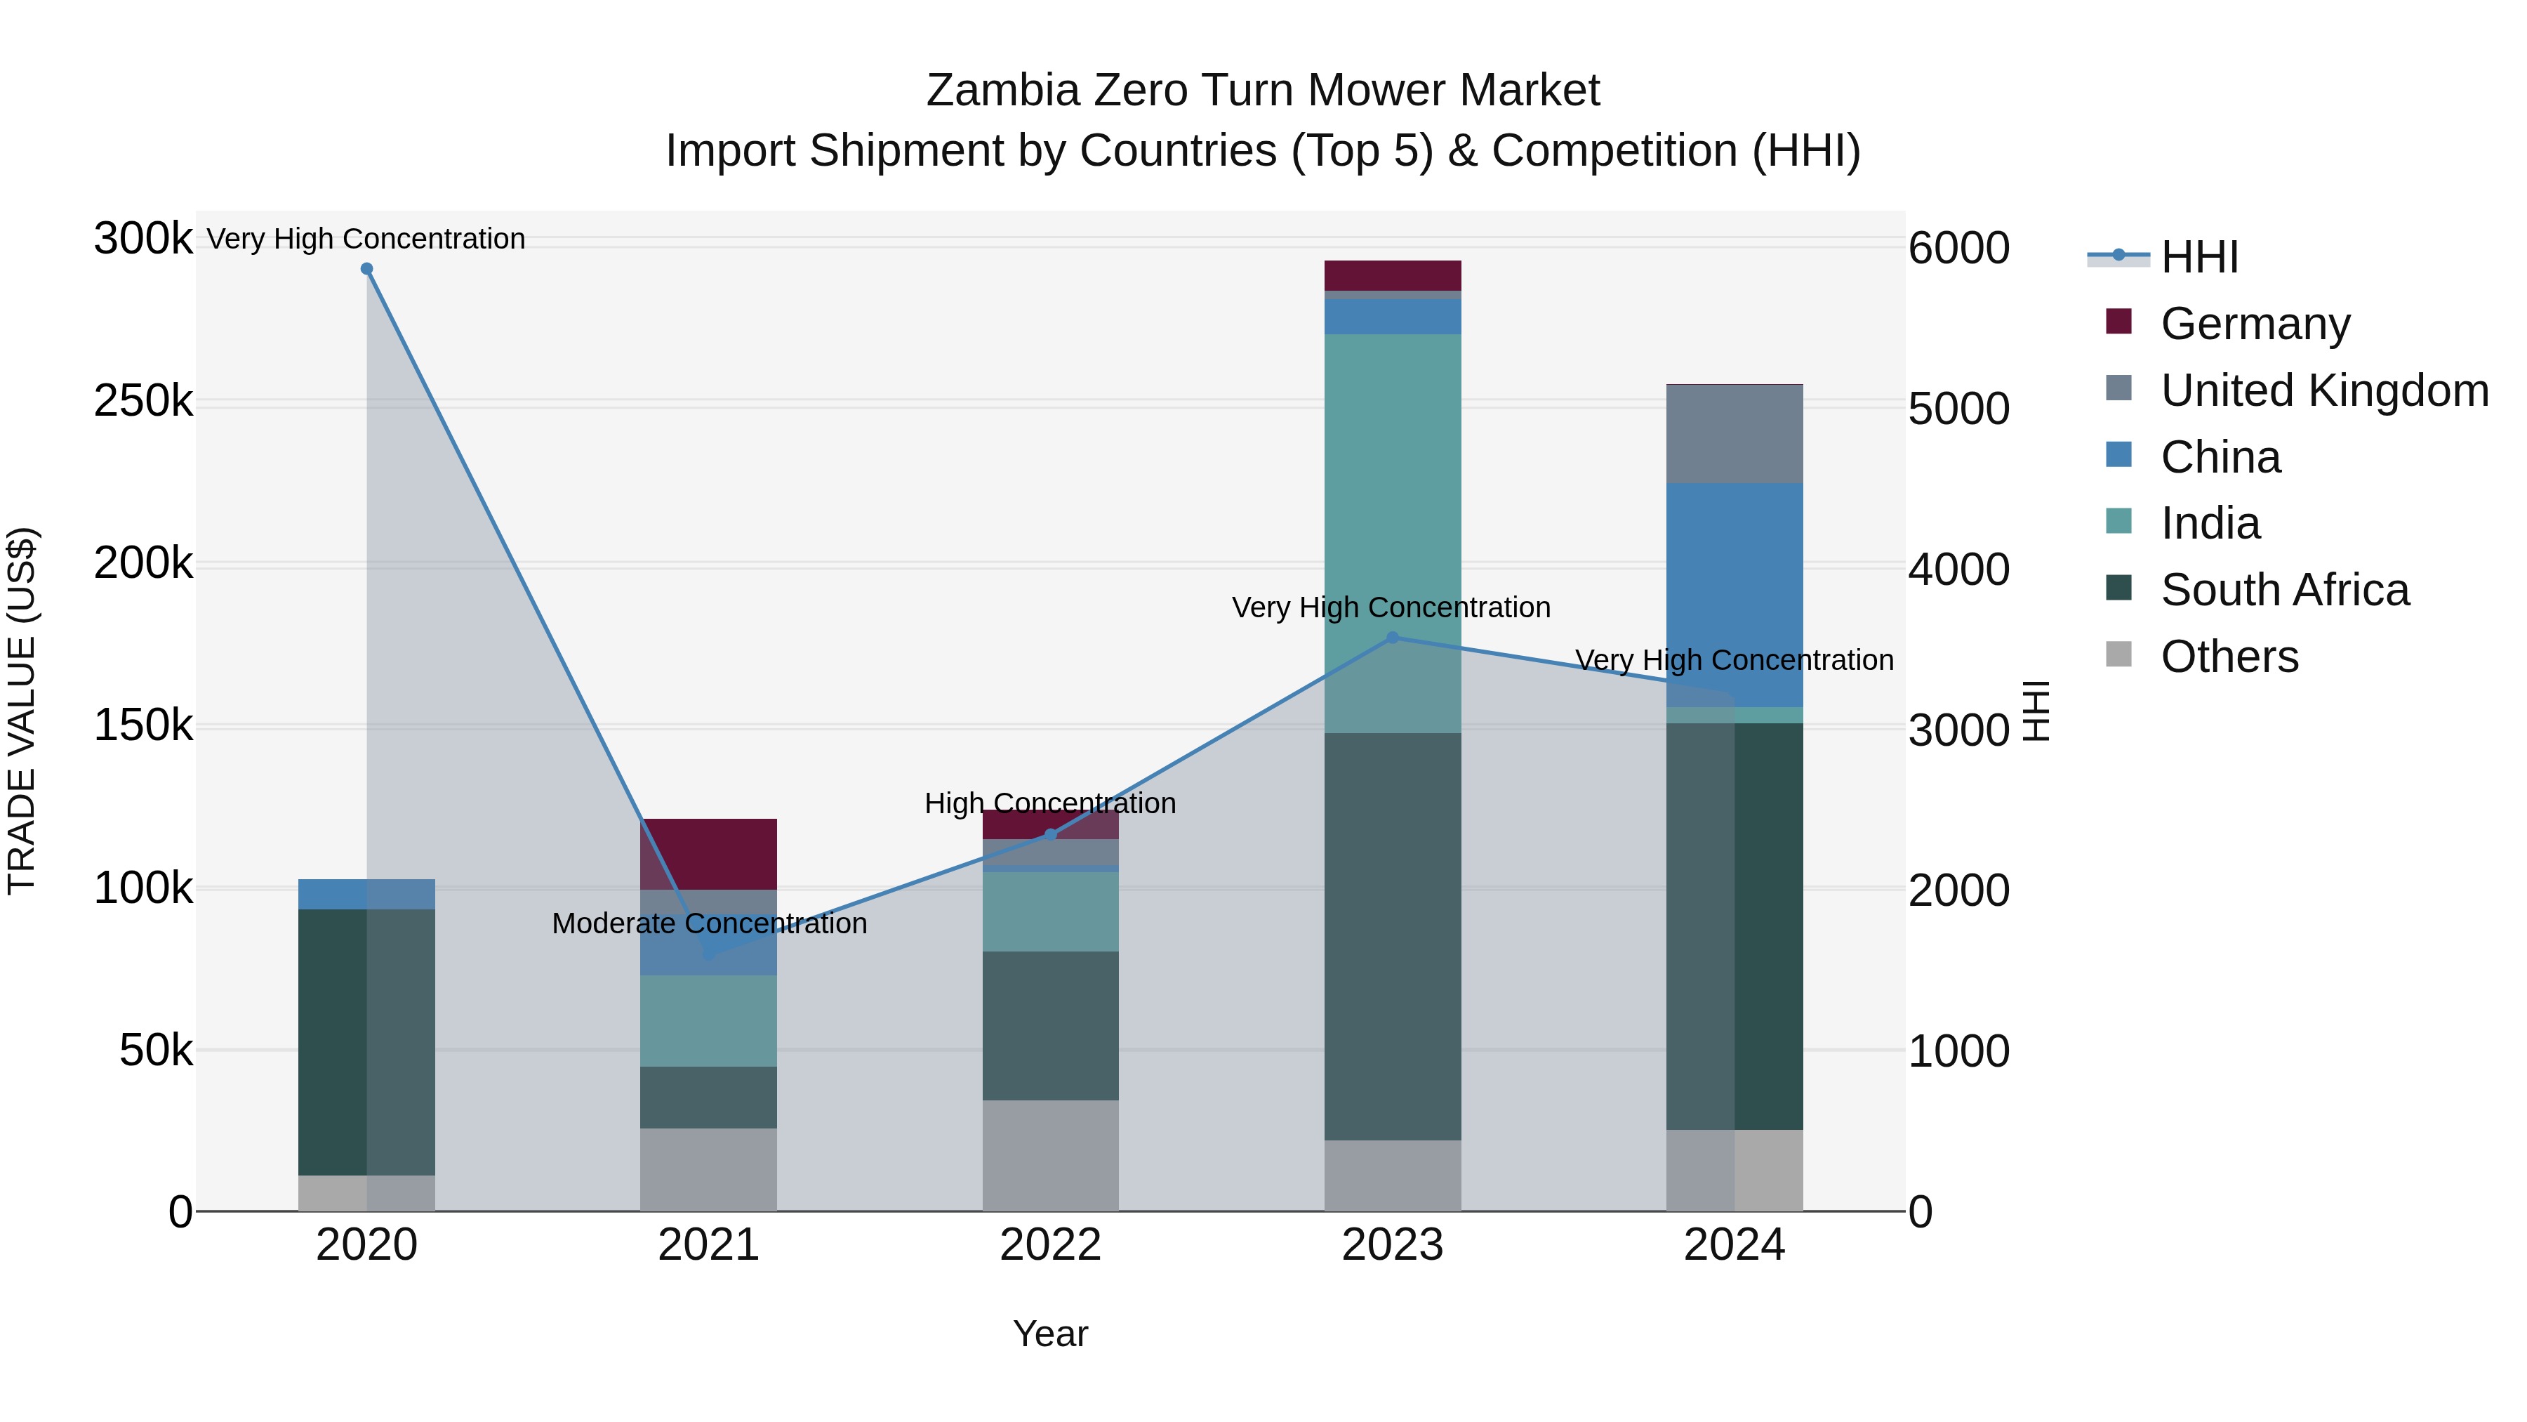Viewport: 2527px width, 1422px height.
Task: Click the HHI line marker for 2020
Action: click(x=367, y=269)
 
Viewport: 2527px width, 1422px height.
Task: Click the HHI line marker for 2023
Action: click(x=1392, y=638)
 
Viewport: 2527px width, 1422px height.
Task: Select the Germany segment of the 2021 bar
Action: click(x=708, y=854)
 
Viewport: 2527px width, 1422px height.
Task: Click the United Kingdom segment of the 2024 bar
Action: click(x=1735, y=434)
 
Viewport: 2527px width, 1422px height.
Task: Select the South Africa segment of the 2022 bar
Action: click(x=1051, y=1025)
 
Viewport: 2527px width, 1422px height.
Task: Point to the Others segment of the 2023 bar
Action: click(x=1392, y=1176)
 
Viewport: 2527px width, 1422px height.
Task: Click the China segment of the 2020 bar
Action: click(x=367, y=894)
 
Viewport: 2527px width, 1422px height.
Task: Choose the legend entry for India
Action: click(x=2210, y=524)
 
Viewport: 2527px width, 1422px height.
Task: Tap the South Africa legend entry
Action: click(x=2283, y=591)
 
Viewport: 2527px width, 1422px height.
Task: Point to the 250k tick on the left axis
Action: click(x=143, y=402)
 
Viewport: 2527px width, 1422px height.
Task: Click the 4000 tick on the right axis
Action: click(x=1958, y=570)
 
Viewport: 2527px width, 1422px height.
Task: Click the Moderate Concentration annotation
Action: click(x=709, y=923)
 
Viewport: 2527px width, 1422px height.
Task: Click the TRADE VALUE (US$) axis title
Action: click(x=22, y=711)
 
